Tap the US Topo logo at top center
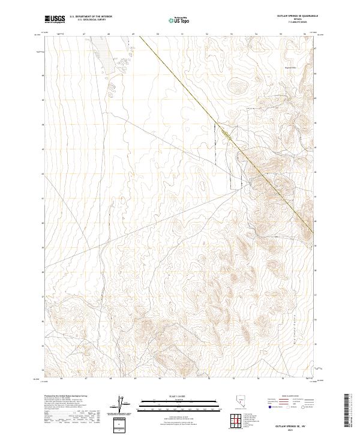tap(178, 20)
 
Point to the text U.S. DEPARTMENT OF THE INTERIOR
tap(91, 17)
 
